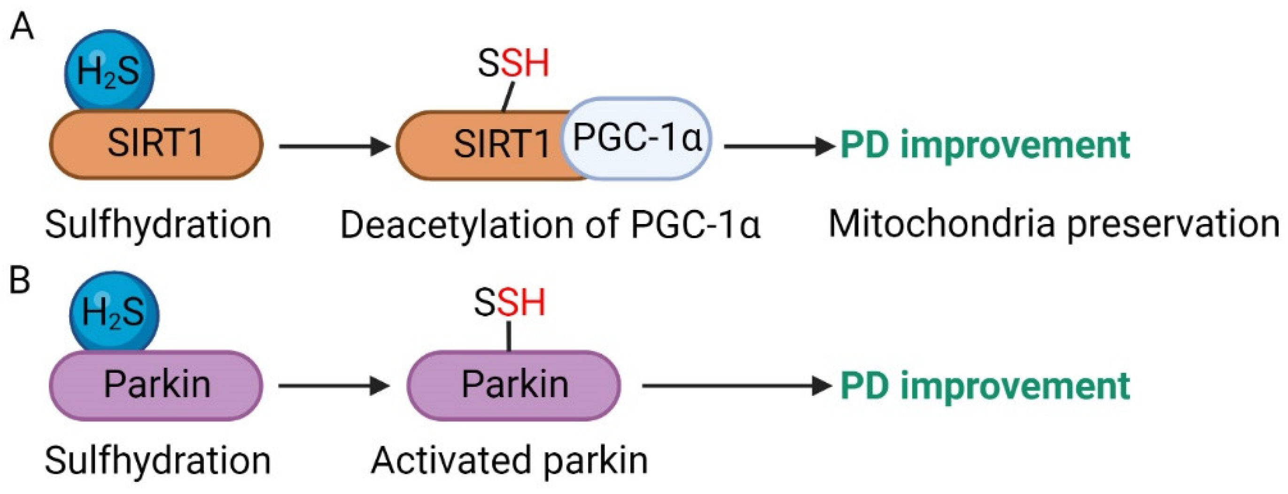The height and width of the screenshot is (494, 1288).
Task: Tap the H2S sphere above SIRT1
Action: pyautogui.click(x=109, y=72)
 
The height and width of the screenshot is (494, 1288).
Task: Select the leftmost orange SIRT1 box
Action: pyautogui.click(x=156, y=144)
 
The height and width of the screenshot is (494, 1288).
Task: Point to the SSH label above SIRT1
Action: pyautogui.click(x=513, y=63)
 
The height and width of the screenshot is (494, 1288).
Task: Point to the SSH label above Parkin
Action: pyautogui.click(x=509, y=303)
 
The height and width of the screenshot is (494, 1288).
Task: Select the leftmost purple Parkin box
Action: pyautogui.click(x=156, y=385)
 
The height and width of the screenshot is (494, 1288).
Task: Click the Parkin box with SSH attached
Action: pyautogui.click(x=514, y=385)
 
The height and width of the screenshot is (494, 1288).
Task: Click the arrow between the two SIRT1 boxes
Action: pyautogui.click(x=334, y=147)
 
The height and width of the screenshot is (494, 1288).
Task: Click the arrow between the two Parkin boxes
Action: pyautogui.click(x=334, y=386)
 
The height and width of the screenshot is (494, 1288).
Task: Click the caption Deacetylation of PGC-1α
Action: pyautogui.click(x=550, y=225)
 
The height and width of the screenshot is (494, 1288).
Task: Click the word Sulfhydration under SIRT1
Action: pyautogui.click(x=158, y=225)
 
